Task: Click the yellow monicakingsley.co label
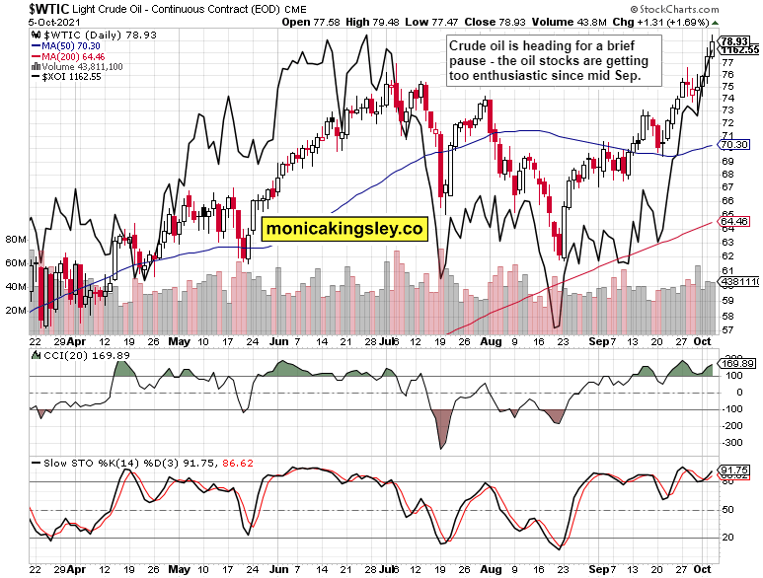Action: click(343, 229)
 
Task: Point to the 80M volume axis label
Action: click(16, 239)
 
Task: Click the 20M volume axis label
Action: click(16, 310)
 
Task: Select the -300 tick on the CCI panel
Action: click(734, 444)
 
